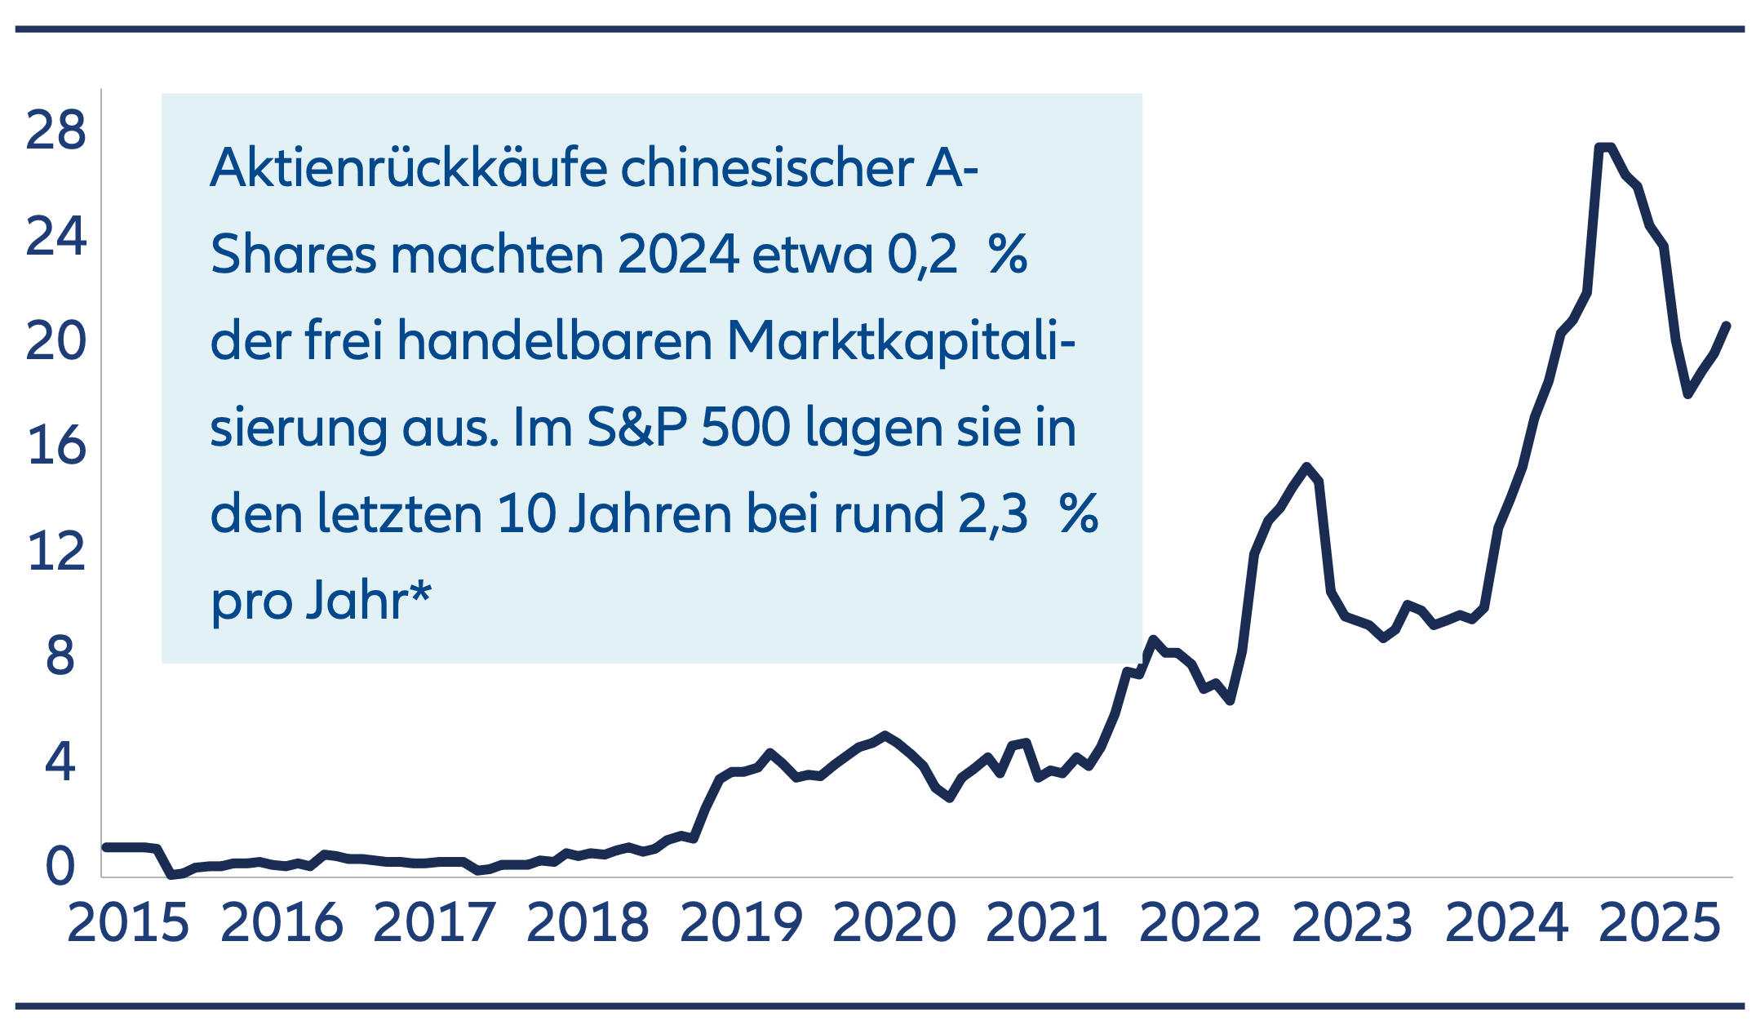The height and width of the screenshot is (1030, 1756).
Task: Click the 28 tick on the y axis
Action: click(x=55, y=130)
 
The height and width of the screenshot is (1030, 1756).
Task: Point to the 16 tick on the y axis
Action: click(x=55, y=446)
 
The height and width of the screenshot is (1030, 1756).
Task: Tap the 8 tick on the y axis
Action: click(x=60, y=655)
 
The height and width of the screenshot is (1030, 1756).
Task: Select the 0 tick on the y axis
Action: click(x=60, y=866)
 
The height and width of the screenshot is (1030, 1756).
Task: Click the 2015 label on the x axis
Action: click(x=128, y=923)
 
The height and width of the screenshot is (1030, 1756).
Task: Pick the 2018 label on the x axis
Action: click(x=588, y=923)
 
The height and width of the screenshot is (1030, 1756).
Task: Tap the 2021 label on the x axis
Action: click(x=1047, y=923)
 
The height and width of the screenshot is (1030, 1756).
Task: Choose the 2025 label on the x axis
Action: click(x=1660, y=923)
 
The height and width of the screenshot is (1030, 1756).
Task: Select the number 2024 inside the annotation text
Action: click(x=678, y=255)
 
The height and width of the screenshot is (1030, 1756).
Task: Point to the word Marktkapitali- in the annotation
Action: click(x=901, y=340)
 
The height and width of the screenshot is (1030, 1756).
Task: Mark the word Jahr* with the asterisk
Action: click(x=368, y=600)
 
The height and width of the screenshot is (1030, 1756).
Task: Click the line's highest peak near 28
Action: click(x=1604, y=148)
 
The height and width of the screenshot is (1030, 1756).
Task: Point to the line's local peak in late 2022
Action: click(x=1307, y=466)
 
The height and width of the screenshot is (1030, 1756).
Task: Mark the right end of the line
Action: click(x=1727, y=325)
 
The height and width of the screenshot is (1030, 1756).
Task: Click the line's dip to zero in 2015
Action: click(x=173, y=875)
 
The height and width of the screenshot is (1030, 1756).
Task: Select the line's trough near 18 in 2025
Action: click(x=1687, y=394)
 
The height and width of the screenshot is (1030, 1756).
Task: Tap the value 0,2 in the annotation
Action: click(x=922, y=255)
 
